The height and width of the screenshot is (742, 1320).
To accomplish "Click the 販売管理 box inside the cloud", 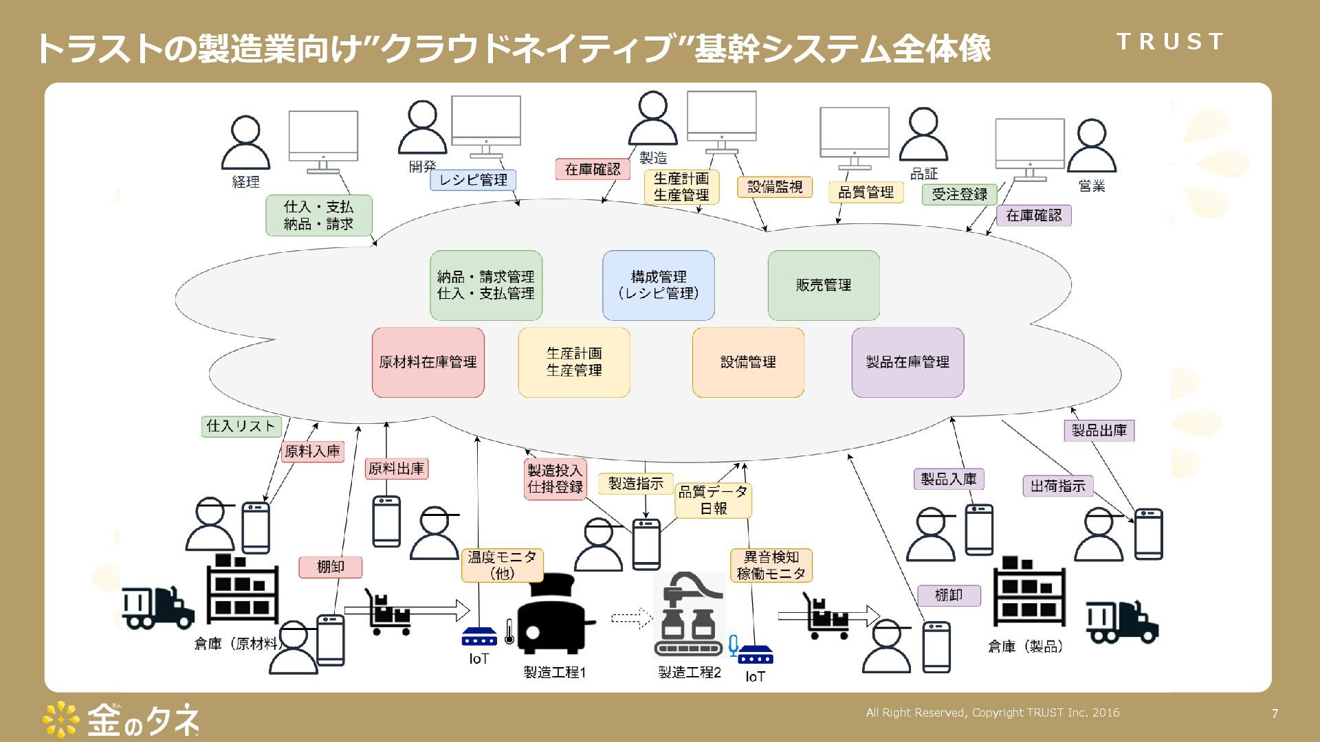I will click(x=823, y=285).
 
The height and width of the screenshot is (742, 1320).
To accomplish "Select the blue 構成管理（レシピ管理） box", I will click(x=658, y=285).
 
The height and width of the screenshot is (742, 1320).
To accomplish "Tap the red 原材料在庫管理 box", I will click(x=428, y=362).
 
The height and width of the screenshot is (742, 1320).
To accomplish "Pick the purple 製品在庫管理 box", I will click(x=907, y=362).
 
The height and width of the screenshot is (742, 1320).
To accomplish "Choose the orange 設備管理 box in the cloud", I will click(x=748, y=362).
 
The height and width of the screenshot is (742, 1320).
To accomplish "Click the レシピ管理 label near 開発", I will click(x=473, y=180).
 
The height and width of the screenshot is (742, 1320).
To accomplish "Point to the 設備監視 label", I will click(x=775, y=187).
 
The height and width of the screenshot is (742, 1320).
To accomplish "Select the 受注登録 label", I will click(x=959, y=194).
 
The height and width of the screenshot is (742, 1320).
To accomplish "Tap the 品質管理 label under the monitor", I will click(x=866, y=192).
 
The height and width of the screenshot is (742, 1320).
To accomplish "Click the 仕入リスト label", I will click(x=241, y=426).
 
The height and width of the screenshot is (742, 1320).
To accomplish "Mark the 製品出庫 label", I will click(x=1099, y=431).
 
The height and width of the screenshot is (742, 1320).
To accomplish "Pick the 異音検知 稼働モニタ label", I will click(x=771, y=565).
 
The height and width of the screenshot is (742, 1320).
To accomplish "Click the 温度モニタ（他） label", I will click(x=502, y=565).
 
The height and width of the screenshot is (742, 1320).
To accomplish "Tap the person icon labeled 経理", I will click(x=245, y=143).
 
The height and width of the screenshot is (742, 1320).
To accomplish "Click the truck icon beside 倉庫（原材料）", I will click(x=157, y=608).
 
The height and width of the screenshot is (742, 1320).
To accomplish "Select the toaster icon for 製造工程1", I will click(x=553, y=615).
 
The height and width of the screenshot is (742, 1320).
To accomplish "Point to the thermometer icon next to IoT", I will click(x=509, y=631).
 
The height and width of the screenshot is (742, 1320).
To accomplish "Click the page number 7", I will click(x=1275, y=714).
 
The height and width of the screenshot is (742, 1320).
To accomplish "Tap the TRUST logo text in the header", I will click(x=1169, y=42).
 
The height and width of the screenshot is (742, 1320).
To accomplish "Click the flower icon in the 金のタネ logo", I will click(x=61, y=719).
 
